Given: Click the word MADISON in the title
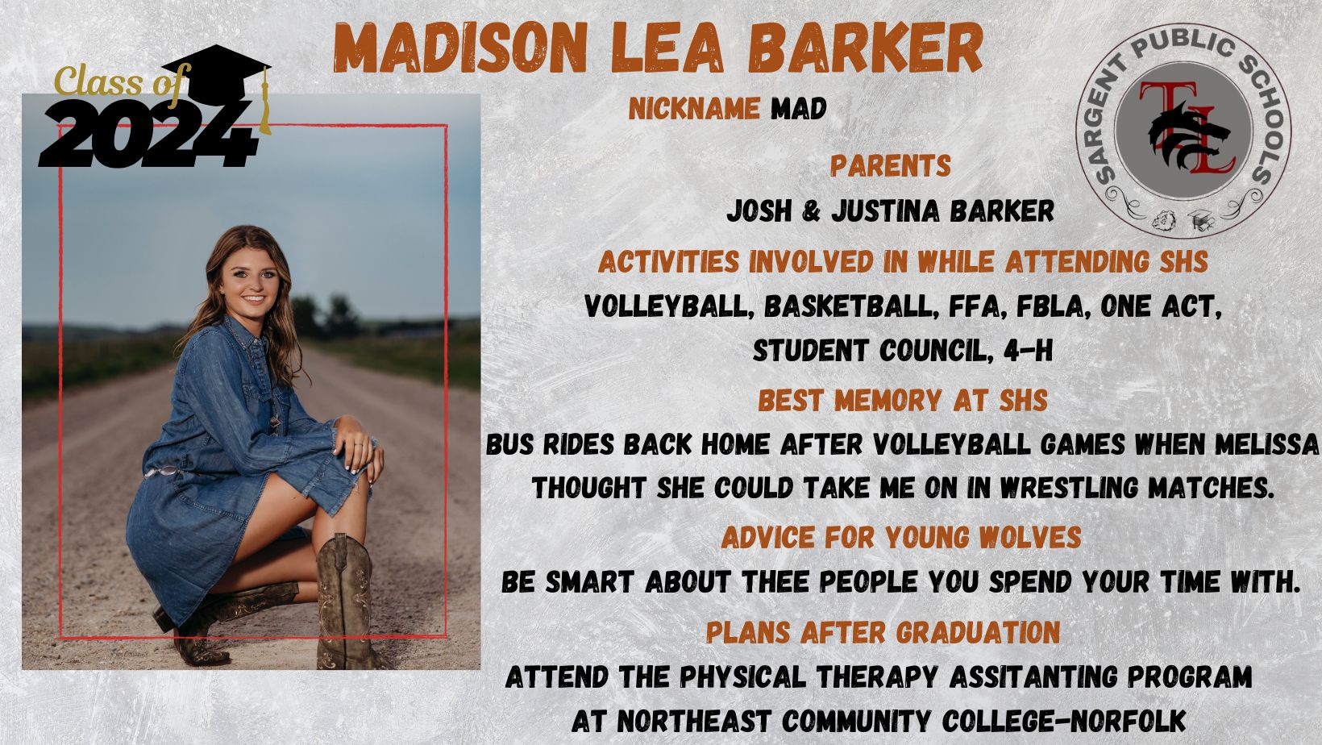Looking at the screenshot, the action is coord(460,48).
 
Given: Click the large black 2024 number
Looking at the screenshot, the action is coord(148,135).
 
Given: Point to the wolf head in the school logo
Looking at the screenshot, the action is coord(1187,136).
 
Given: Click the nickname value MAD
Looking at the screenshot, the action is coord(798,109).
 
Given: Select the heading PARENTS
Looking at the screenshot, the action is coord(890,166).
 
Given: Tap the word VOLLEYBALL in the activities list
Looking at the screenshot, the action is coord(670,307).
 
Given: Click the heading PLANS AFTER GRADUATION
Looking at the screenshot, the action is coord(883,632).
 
